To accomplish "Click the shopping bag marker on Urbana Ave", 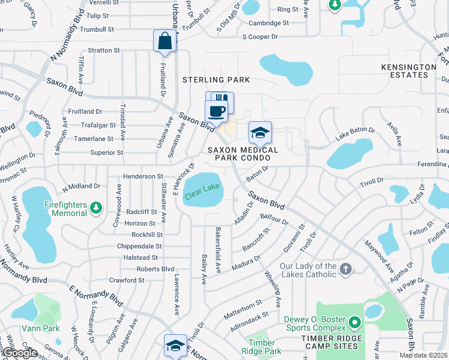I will [164, 41].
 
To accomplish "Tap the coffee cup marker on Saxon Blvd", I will [216, 111].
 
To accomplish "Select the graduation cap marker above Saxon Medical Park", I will [260, 133].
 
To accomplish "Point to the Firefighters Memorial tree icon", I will [95, 208].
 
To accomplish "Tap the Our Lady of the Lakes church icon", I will [345, 269].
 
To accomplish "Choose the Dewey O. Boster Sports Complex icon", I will [354, 323].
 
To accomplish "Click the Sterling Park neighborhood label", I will [216, 80].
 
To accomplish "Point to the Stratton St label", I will [104, 50].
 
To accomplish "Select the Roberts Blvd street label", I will [155, 269].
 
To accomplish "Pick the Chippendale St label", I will [139, 246].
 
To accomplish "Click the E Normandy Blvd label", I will [94, 295].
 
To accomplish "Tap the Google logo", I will [20, 353].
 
